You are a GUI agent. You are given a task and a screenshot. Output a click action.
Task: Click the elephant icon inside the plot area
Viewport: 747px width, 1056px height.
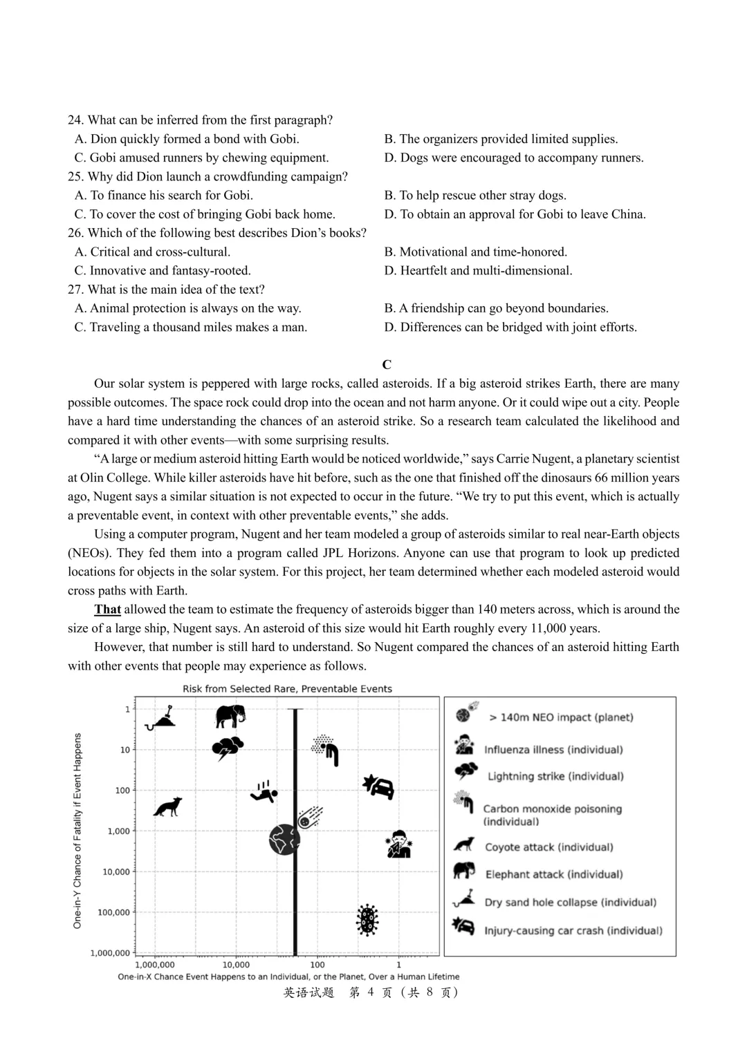230,717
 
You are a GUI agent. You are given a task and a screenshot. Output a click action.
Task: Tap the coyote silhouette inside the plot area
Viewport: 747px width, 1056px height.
167,807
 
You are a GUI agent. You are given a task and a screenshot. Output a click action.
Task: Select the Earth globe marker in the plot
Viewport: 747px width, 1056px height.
284,840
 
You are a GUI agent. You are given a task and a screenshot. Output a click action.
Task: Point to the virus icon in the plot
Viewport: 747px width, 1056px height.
367,921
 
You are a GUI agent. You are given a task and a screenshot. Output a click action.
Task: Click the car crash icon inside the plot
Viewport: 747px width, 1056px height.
379,786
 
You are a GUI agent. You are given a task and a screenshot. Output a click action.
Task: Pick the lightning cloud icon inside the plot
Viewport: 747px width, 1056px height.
228,748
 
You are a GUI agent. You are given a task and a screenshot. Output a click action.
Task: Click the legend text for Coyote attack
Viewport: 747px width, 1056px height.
548,847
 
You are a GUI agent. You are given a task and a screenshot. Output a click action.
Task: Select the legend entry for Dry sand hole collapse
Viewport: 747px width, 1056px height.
570,903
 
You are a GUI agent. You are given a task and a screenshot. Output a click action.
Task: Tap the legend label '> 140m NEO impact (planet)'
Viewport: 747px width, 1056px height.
560,717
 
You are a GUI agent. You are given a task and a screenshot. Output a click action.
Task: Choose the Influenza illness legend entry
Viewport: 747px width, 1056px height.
553,750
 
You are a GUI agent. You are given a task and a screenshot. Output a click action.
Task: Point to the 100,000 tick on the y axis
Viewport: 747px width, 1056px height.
113,912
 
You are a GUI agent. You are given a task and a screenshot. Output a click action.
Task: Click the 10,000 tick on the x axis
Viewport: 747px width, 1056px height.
236,965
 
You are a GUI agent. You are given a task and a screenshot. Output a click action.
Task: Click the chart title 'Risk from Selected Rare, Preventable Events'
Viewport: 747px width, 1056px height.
287,689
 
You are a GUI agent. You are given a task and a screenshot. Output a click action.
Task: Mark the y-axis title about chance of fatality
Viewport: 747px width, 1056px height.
77,830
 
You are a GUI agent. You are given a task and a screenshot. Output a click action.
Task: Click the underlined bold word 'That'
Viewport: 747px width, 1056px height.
107,610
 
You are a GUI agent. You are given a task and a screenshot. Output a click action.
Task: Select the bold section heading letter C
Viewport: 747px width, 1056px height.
387,365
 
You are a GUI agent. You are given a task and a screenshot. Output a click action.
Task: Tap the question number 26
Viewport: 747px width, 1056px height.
75,233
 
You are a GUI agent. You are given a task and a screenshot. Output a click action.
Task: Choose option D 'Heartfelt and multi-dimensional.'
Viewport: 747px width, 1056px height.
478,271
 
